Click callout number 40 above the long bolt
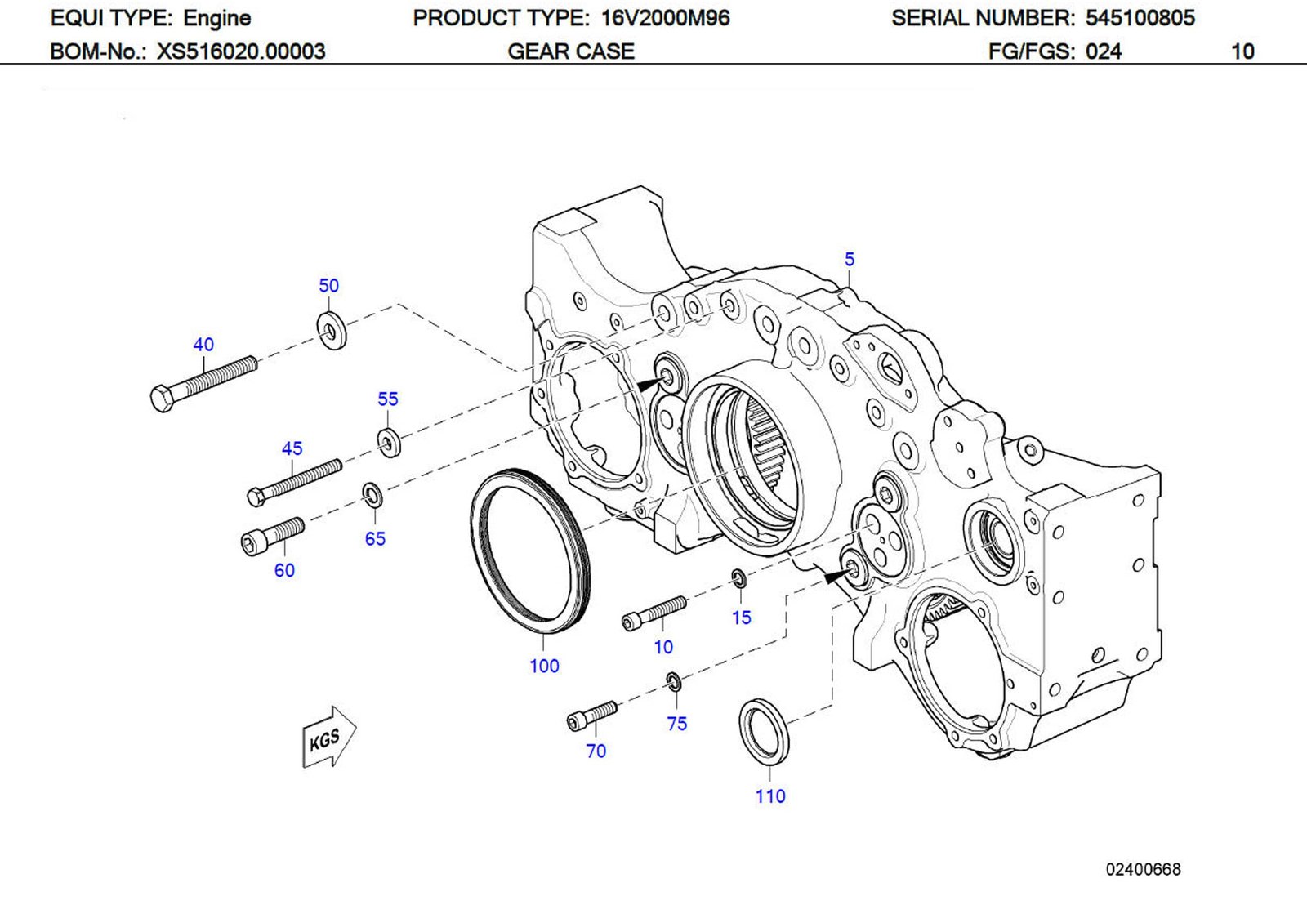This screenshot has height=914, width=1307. [x=203, y=345]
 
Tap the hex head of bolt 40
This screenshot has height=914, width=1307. [x=163, y=399]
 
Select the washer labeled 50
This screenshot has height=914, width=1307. [x=331, y=330]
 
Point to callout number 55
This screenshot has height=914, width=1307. [x=387, y=399]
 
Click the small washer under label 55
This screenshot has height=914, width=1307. [x=389, y=442]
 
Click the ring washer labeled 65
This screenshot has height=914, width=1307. [x=373, y=493]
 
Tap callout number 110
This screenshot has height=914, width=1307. [x=769, y=796]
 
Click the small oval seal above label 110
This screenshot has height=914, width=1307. [x=764, y=732]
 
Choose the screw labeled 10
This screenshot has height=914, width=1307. [x=653, y=613]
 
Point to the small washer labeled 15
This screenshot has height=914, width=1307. [x=738, y=579]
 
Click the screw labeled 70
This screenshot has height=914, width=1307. [x=591, y=716]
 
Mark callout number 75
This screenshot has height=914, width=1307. [x=676, y=724]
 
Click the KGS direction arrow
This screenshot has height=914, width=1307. [x=328, y=738]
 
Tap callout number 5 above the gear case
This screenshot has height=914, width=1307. [x=849, y=260]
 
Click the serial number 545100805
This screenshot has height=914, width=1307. [x=1140, y=18]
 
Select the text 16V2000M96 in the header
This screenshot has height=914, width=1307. [x=665, y=18]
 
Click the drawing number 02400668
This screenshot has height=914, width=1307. [x=1143, y=869]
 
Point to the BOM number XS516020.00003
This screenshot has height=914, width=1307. [x=241, y=51]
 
